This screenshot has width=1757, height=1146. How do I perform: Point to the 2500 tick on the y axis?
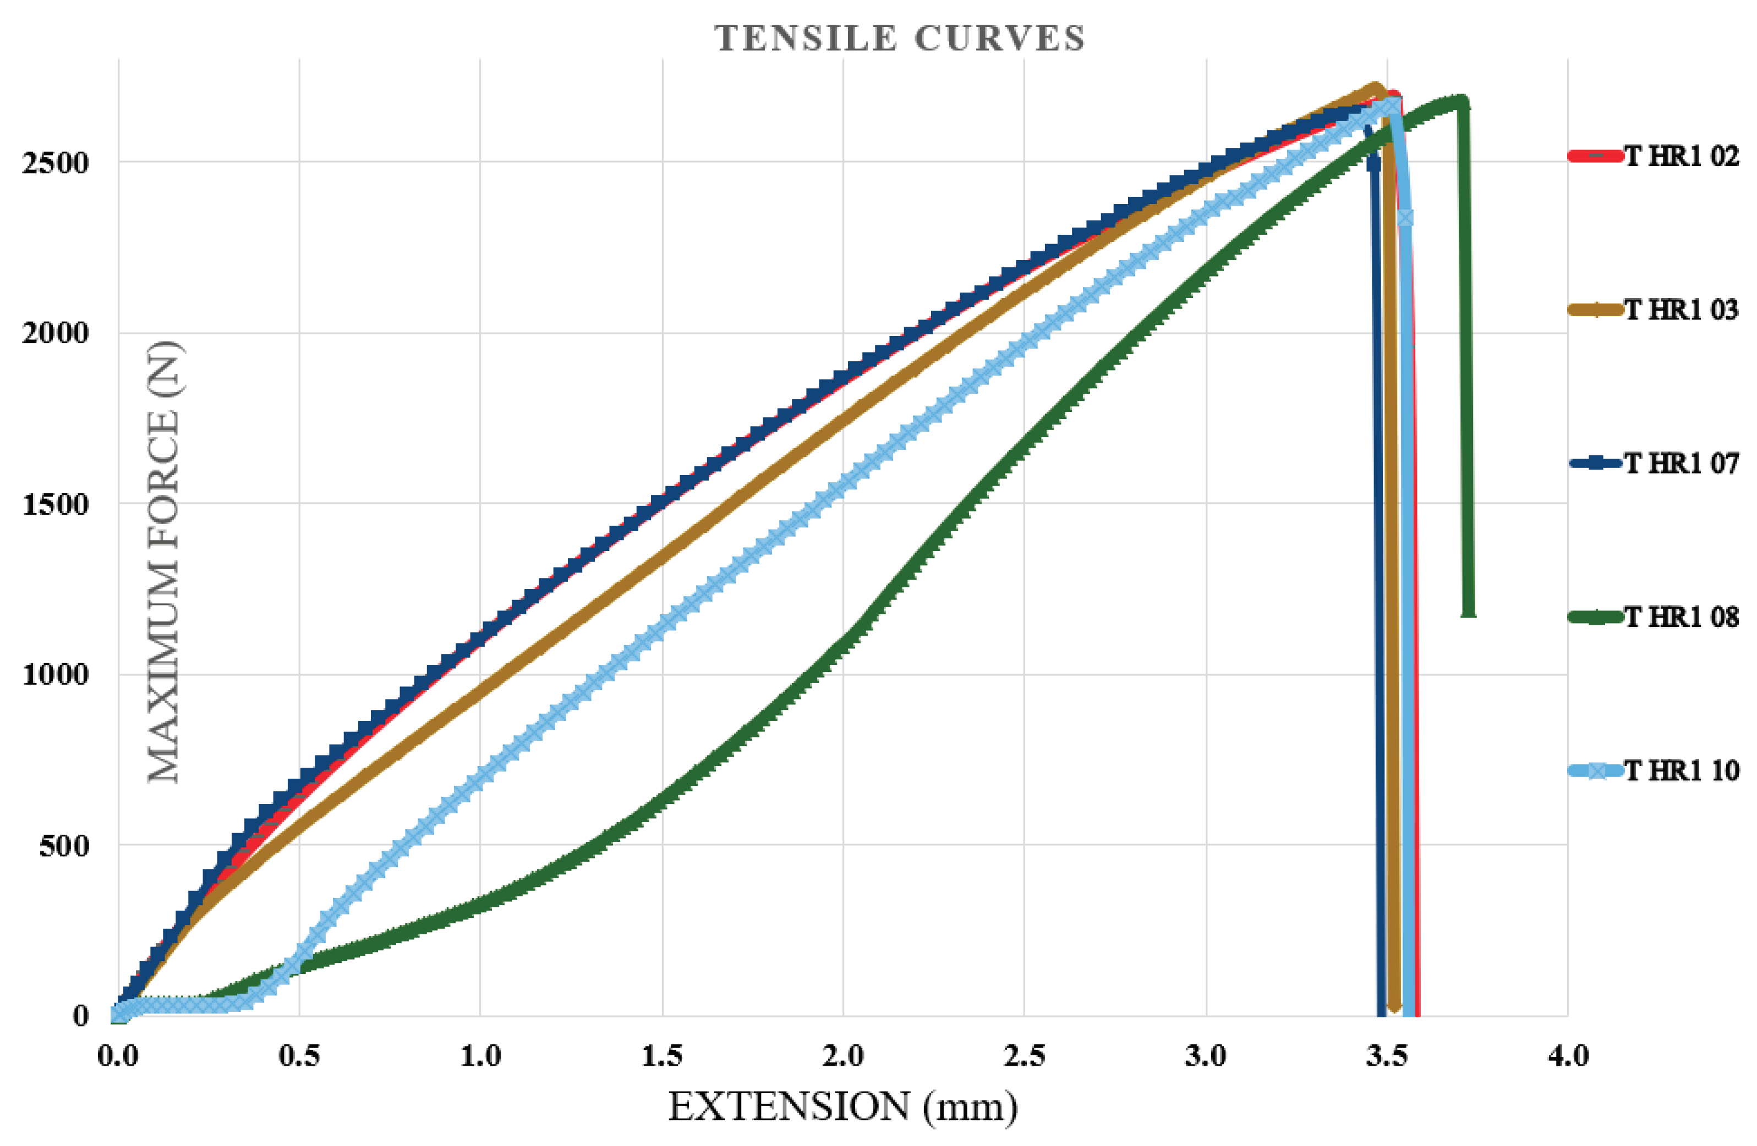pyautogui.click(x=56, y=162)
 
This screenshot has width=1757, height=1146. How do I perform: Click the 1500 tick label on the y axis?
pyautogui.click(x=56, y=505)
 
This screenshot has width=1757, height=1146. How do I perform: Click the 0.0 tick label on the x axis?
pyautogui.click(x=118, y=1056)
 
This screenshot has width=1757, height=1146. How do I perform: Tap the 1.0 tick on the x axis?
pyautogui.click(x=480, y=1056)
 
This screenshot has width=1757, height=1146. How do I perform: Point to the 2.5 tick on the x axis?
pyautogui.click(x=1025, y=1056)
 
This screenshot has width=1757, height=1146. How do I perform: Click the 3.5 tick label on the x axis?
pyautogui.click(x=1387, y=1056)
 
